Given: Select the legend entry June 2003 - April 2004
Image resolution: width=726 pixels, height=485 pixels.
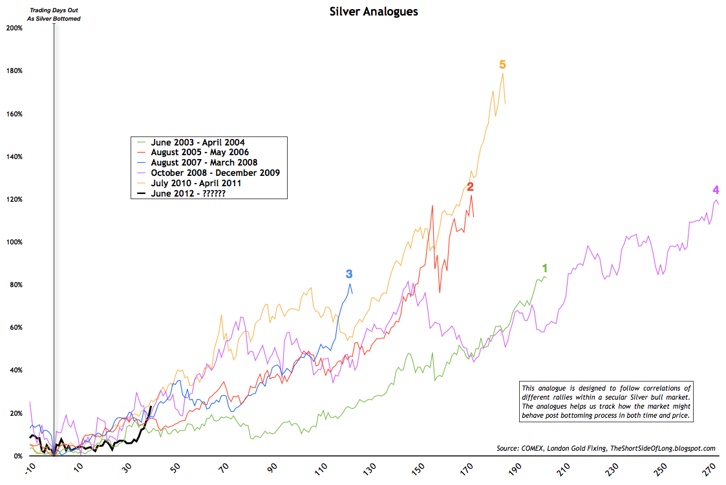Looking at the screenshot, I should [x=198, y=142].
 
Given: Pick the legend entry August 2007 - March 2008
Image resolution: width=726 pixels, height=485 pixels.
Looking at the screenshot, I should [x=204, y=162].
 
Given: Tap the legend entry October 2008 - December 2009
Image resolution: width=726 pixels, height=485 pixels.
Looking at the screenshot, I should [x=215, y=173].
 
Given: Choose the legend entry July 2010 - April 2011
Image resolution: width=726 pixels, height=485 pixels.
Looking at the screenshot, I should [x=196, y=183].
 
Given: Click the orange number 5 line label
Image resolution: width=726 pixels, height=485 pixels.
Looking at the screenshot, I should [x=502, y=65].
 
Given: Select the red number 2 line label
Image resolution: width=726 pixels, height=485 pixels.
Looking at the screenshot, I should [x=470, y=187].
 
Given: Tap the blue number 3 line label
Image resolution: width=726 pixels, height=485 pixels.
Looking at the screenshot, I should [x=349, y=274].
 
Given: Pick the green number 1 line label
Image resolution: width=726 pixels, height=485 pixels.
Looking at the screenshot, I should [x=545, y=268].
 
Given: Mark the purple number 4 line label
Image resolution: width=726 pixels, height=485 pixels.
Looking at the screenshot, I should [x=716, y=190].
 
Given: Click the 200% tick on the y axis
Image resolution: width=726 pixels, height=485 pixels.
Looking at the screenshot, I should [x=14, y=28].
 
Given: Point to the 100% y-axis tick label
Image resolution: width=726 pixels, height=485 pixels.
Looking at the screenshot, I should [x=14, y=242].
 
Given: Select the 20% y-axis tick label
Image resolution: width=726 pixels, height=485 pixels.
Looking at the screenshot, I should [x=15, y=413].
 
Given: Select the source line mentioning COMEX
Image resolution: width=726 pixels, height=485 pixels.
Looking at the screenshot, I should [x=604, y=448].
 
